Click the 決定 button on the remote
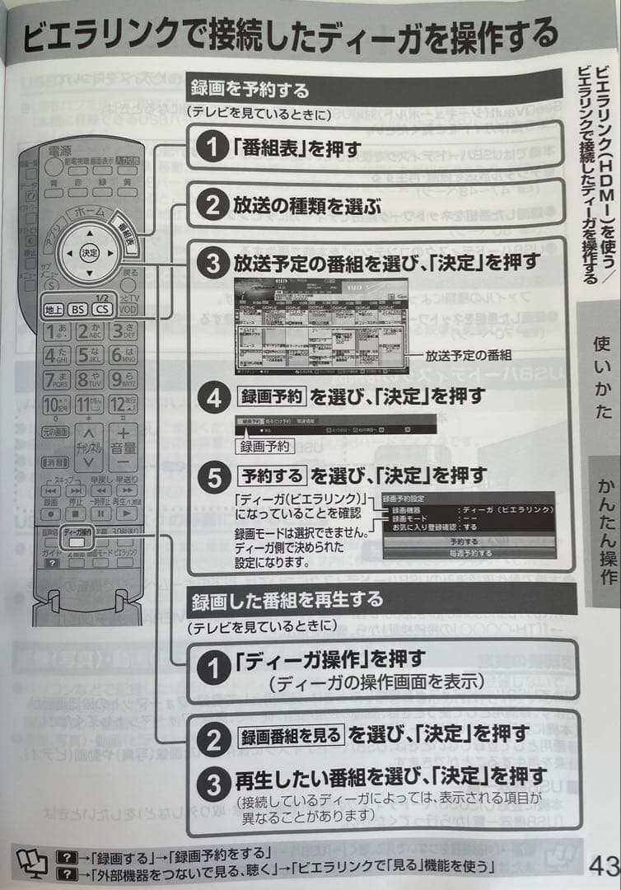(88, 253)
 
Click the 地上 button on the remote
(54, 310)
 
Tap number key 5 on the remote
(88, 357)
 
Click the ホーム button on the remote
(89, 213)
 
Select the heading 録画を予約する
(250, 88)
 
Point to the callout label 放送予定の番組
(469, 356)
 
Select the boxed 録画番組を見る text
(288, 733)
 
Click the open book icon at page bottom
(28, 860)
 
